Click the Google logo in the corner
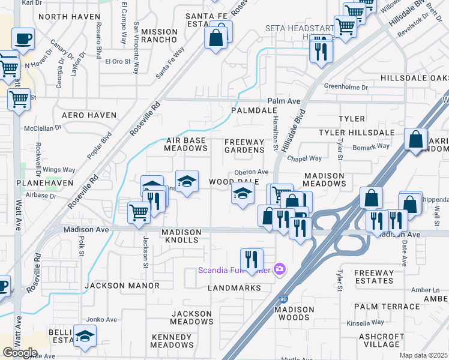click(x=20, y=353)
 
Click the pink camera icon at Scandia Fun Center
click(x=279, y=269)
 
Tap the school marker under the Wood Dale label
click(x=242, y=194)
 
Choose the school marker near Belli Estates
click(x=85, y=336)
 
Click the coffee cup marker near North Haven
click(x=23, y=39)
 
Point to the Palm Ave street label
click(x=283, y=101)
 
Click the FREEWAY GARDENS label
click(x=244, y=146)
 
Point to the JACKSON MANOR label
click(x=113, y=286)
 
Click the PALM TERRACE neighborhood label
click(x=387, y=306)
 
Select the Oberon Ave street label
click(x=255, y=172)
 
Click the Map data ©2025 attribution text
click(x=424, y=355)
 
